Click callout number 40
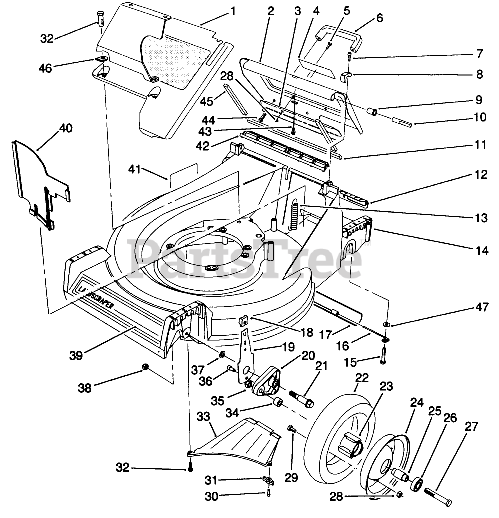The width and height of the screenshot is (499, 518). click(x=65, y=128)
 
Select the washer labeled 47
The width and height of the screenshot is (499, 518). click(x=387, y=325)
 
